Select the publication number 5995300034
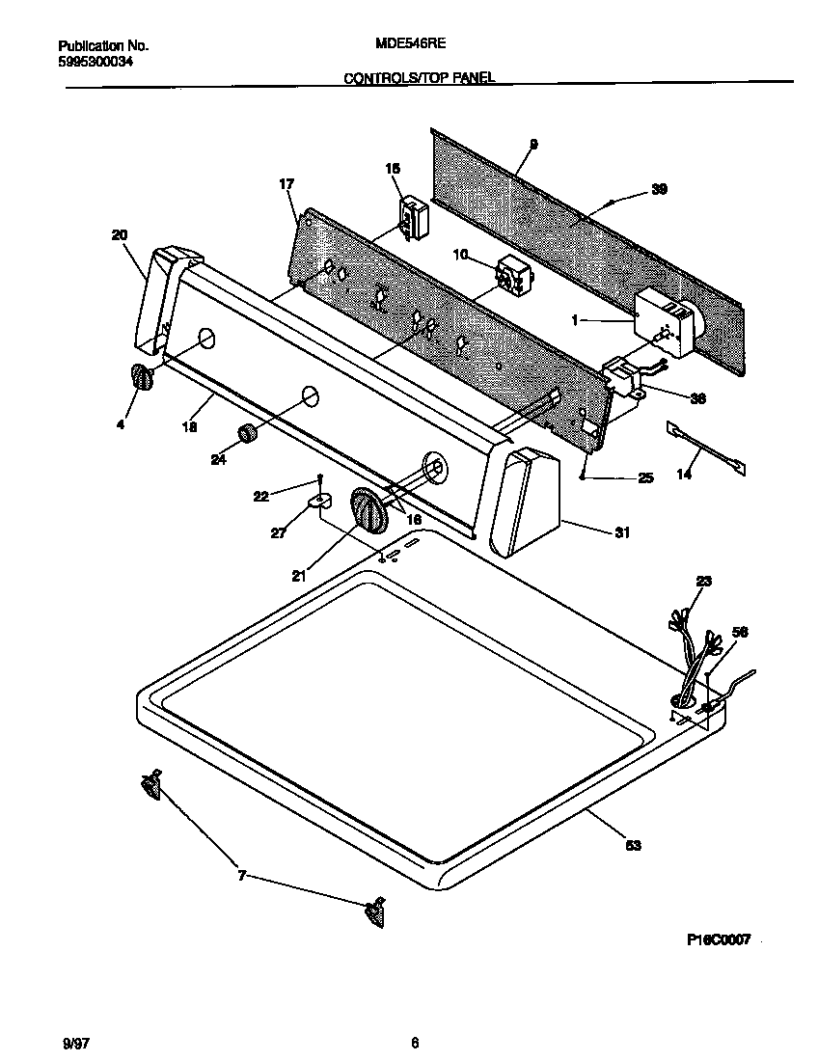(95, 62)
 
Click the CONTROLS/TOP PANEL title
(420, 78)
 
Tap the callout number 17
(286, 183)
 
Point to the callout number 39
(659, 189)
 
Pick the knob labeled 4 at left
(141, 378)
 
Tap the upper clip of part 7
(150, 784)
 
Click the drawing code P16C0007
(718, 939)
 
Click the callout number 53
(633, 845)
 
